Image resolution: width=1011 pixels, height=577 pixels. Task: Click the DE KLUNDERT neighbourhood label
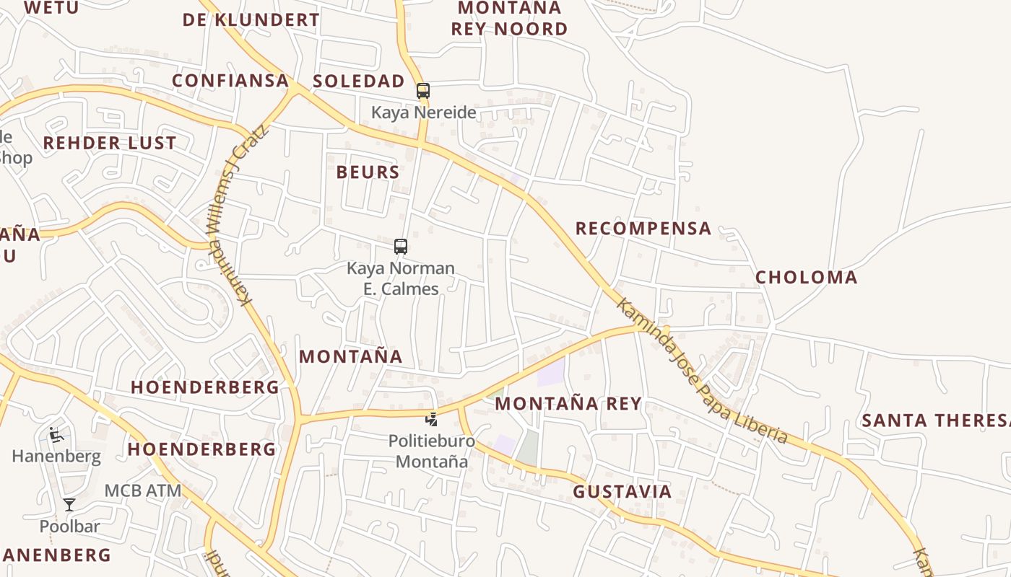tap(251, 19)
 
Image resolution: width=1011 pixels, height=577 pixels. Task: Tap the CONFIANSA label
tap(230, 80)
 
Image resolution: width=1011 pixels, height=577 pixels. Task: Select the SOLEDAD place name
tap(359, 81)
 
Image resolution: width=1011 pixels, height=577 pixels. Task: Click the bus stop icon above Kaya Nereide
tap(423, 91)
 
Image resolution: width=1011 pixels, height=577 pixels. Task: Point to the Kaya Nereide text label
tap(424, 113)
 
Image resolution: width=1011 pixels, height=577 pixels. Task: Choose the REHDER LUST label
tap(110, 143)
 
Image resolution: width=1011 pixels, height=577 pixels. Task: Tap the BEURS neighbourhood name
tap(368, 172)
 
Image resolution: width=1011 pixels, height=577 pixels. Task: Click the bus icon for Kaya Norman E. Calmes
tap(401, 247)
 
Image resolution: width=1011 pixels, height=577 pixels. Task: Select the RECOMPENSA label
tap(643, 229)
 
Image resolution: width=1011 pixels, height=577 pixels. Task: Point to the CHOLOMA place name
tap(807, 278)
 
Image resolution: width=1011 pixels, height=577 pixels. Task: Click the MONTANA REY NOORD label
tap(510, 19)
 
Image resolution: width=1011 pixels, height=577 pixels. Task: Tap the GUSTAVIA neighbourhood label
tap(622, 492)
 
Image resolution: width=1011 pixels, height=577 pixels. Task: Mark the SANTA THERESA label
tap(936, 420)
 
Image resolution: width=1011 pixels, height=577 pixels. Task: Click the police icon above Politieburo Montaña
tap(431, 419)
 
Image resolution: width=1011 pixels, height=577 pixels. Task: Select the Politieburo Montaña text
tap(432, 451)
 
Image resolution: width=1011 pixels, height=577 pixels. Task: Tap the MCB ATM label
tap(143, 490)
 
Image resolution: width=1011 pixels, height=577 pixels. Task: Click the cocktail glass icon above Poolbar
tap(69, 505)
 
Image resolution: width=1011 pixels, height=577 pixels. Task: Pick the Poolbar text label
tap(69, 527)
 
